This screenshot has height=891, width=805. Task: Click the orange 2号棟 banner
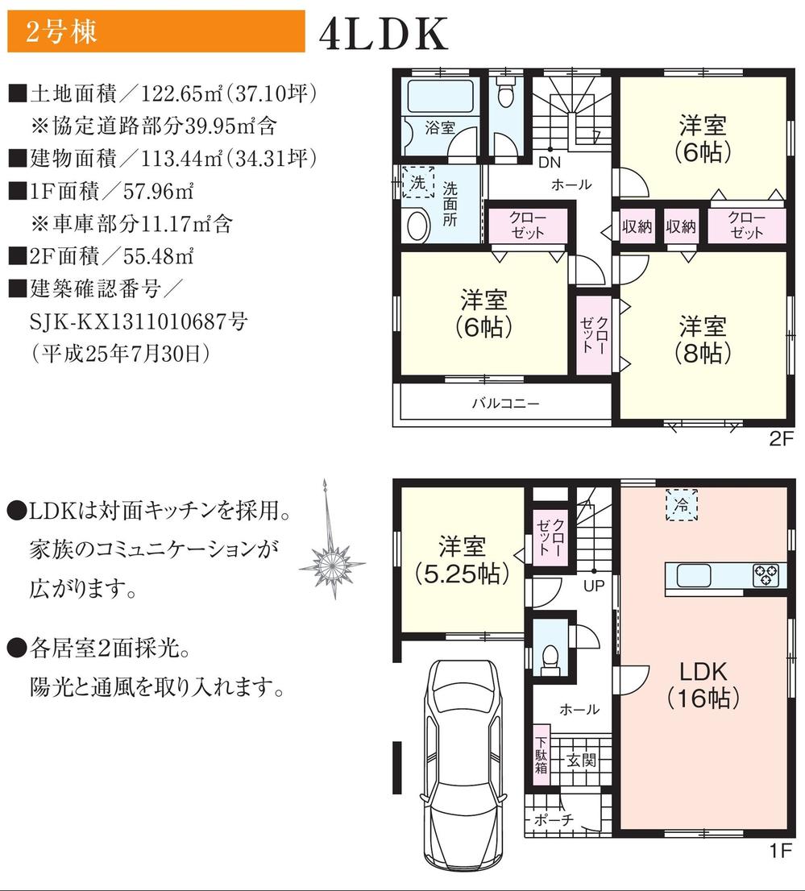pyautogui.click(x=156, y=31)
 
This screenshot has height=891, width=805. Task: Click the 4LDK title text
pyautogui.click(x=383, y=34)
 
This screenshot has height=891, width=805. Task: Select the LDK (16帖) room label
pyautogui.click(x=703, y=685)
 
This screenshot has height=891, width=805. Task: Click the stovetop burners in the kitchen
pyautogui.click(x=766, y=575)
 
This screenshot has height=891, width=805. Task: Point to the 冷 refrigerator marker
pyautogui.click(x=682, y=505)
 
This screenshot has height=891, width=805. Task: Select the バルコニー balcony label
pyautogui.click(x=505, y=404)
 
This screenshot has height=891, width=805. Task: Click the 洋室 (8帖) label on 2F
pyautogui.click(x=703, y=339)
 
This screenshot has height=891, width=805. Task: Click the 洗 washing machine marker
pyautogui.click(x=417, y=182)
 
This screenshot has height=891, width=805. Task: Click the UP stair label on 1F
pyautogui.click(x=593, y=586)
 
